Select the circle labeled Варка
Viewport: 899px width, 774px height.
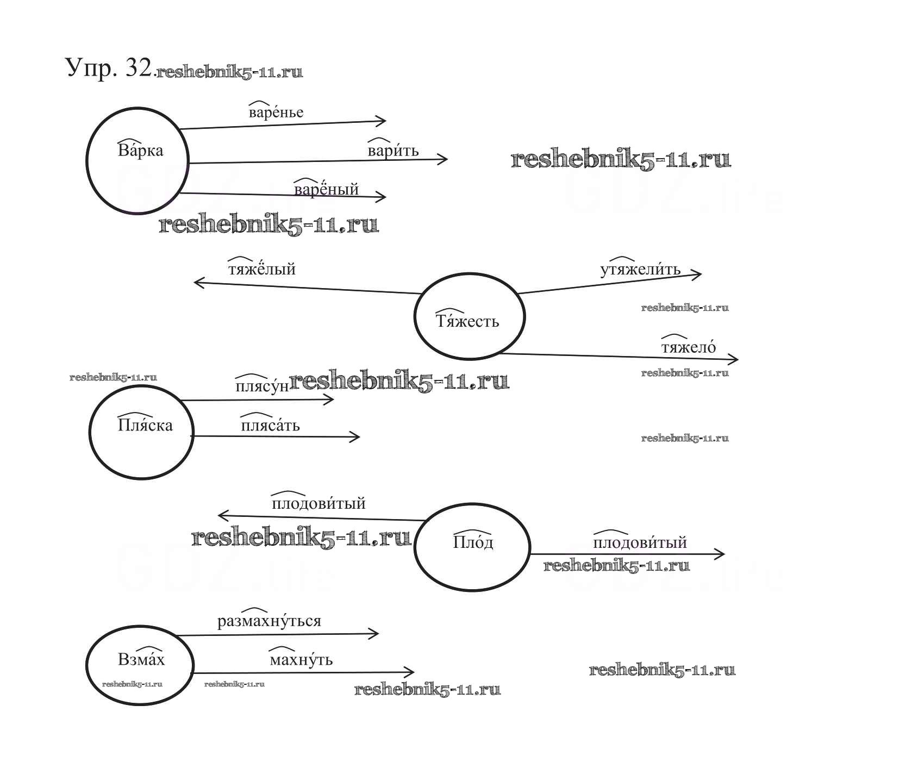[x=138, y=160]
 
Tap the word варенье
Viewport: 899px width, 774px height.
[x=276, y=113]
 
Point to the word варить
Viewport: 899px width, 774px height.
[x=393, y=151]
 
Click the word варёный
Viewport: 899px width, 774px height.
[x=326, y=189]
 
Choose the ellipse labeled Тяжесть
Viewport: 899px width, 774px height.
[x=469, y=317]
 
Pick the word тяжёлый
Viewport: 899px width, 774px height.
[x=261, y=269]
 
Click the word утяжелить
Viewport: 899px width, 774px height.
[x=640, y=270]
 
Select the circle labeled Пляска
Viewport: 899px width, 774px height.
[x=141, y=432]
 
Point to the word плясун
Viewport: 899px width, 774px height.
[x=262, y=386]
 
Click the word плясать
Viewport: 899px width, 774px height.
[x=270, y=425]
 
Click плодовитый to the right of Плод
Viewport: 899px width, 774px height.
[x=640, y=542]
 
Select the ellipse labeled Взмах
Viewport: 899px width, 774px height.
[x=140, y=665]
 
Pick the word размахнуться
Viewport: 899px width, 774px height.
[x=269, y=621]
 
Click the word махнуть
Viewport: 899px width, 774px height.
[x=301, y=660]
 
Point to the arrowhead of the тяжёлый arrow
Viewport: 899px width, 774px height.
[x=197, y=283]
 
